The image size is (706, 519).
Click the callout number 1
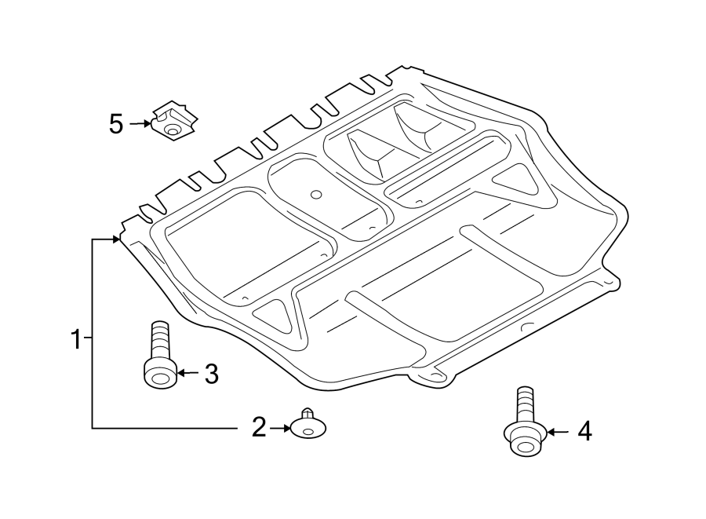point(76,341)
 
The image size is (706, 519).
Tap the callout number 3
point(210,374)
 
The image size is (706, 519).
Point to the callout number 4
point(584,431)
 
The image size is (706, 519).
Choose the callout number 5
point(116,124)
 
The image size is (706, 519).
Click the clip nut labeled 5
point(174,120)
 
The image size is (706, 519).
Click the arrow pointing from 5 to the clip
point(141,123)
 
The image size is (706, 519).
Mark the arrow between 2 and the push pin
point(281,428)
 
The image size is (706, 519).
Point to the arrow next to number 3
point(187,373)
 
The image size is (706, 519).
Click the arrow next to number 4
point(557,431)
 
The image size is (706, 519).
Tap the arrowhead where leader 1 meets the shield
point(118,239)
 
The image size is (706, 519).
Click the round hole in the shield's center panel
point(315,194)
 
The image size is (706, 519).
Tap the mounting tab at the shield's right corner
point(608,281)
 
